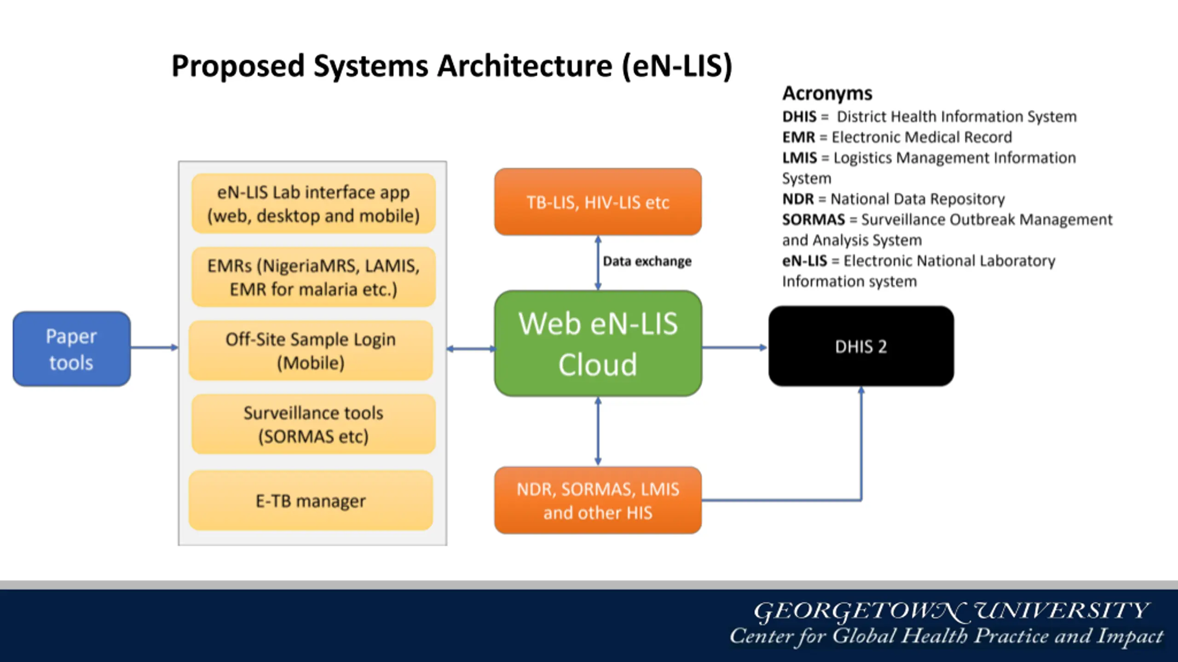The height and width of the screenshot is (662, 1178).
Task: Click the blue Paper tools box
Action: tap(72, 349)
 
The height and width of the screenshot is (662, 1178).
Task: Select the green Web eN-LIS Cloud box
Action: tap(598, 343)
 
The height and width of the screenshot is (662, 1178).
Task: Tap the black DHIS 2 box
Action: tap(861, 346)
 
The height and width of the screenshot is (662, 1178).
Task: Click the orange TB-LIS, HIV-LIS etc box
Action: tap(598, 202)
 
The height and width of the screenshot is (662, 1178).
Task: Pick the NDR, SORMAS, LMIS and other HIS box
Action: tap(598, 500)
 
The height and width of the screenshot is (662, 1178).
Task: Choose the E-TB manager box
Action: tap(311, 500)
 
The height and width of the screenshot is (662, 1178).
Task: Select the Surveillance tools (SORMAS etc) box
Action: tap(313, 424)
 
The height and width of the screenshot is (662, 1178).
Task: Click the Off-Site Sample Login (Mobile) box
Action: tap(311, 350)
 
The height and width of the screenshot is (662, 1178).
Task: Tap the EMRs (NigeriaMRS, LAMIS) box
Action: tap(313, 277)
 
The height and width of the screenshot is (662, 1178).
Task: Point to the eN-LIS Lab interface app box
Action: tap(313, 203)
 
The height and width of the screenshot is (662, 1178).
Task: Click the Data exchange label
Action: tap(647, 261)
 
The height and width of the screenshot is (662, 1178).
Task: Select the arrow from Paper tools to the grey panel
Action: tap(154, 348)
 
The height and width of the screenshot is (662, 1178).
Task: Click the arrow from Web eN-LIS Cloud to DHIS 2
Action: tap(735, 348)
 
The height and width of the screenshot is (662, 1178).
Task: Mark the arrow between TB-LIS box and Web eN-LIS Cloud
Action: tap(598, 263)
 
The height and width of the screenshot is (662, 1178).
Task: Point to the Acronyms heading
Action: tap(827, 93)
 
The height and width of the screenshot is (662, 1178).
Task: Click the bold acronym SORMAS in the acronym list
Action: tap(814, 220)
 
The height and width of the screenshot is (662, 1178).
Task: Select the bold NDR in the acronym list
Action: tap(798, 199)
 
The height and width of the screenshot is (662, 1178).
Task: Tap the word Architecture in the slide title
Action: tap(525, 66)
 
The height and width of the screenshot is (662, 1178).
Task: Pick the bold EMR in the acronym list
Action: tap(798, 137)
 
